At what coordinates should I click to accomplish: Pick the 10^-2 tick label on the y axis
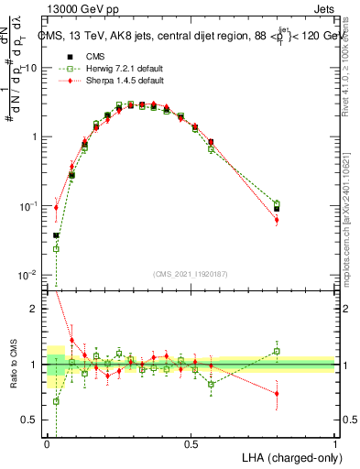[x=29, y=275]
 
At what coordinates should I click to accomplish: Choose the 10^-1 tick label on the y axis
[x=29, y=206]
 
